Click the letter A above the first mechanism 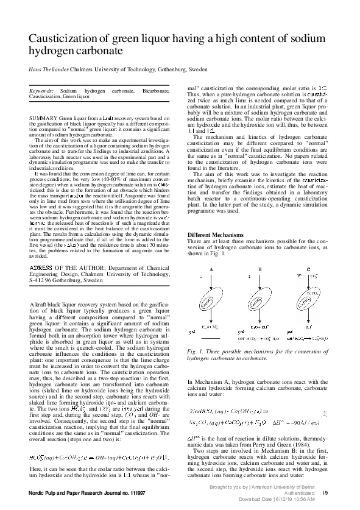tap(211, 269)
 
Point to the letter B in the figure tap(259, 269)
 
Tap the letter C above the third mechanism tap(308, 269)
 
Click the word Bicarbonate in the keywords tap(156, 90)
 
